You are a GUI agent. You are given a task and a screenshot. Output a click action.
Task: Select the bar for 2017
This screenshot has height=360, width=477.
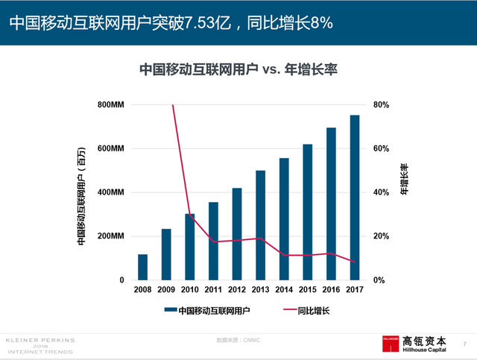[355, 198]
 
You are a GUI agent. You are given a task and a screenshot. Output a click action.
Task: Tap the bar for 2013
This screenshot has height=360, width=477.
[260, 225]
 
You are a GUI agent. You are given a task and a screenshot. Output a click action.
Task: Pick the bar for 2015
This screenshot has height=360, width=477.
[308, 212]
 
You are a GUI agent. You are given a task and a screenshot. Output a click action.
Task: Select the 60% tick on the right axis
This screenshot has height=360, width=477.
[381, 149]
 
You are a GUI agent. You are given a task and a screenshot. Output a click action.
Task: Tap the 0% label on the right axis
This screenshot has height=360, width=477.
[379, 280]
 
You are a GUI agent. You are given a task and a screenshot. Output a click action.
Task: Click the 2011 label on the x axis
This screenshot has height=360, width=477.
[213, 291]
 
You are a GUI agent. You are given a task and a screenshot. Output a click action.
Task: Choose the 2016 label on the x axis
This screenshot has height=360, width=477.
[331, 291]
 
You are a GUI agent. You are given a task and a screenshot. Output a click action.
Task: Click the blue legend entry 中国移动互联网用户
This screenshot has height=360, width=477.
[213, 310]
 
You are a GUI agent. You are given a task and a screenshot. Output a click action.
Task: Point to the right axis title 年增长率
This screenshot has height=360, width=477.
[404, 180]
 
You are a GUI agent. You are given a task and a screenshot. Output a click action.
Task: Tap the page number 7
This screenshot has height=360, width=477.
[464, 344]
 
